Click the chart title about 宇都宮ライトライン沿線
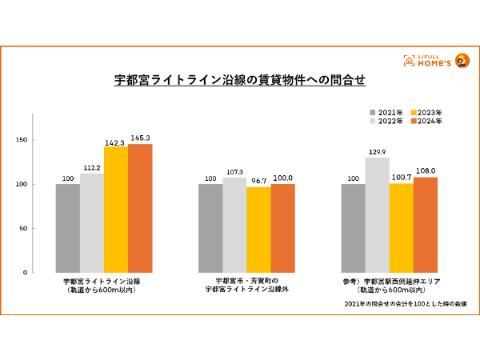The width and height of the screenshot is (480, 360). (x=240, y=81)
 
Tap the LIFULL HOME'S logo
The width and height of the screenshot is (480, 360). (x=440, y=61)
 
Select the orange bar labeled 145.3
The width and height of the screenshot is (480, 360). (x=140, y=208)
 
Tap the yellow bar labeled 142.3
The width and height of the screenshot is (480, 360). (x=116, y=210)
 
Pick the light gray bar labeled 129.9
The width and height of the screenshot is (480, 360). (x=378, y=214)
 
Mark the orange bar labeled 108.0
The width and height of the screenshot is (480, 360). (x=426, y=225)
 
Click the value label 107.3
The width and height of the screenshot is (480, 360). (x=234, y=173)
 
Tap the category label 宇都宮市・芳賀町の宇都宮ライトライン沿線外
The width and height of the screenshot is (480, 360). (x=246, y=286)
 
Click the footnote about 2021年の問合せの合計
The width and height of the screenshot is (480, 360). (x=393, y=305)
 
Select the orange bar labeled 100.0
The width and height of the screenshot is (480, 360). (x=283, y=228)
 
